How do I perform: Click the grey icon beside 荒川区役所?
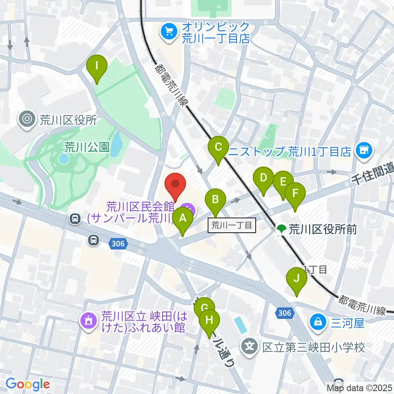[27, 120]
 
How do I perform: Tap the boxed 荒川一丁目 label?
[232, 225]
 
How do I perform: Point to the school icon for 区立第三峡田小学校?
[250, 347]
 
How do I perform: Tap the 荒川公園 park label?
[87, 147]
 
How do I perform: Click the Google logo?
[27, 384]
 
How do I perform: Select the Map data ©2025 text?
[359, 387]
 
